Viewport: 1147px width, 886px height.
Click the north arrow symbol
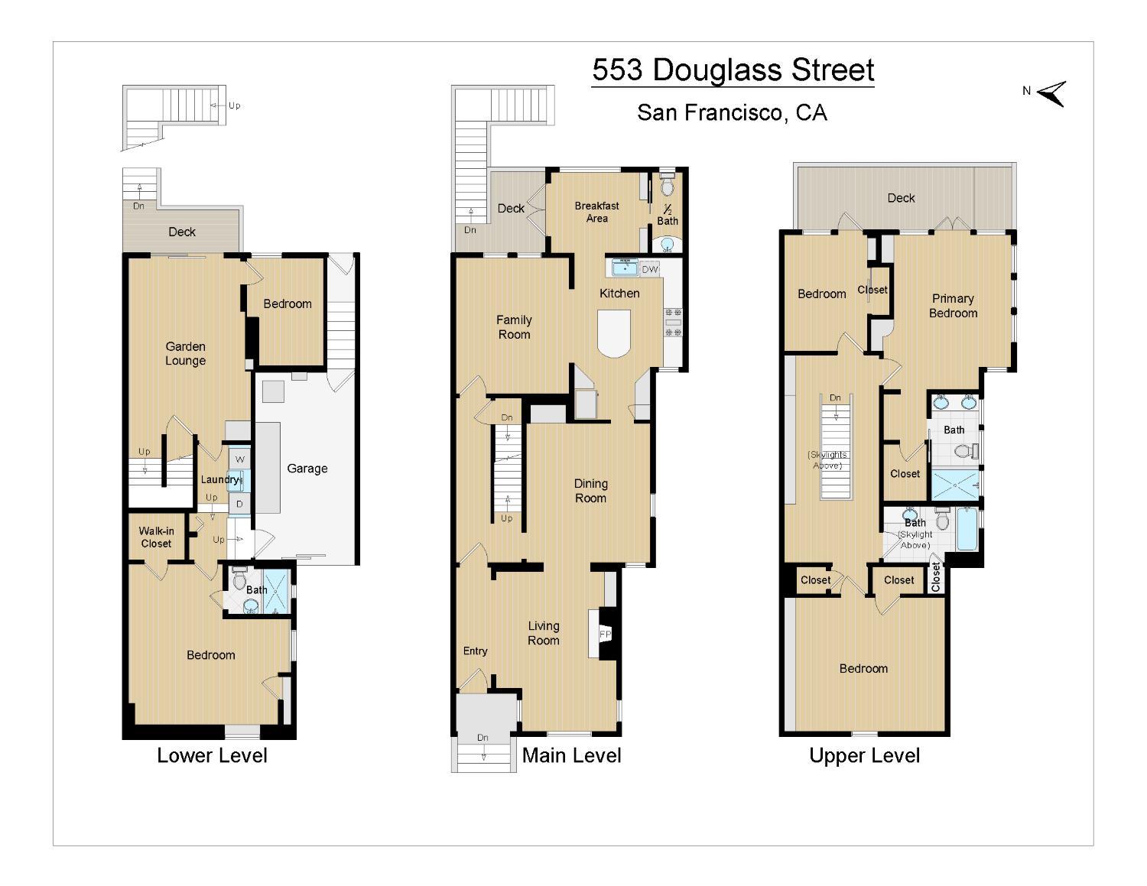(x=1051, y=94)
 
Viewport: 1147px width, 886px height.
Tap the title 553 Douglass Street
(x=733, y=70)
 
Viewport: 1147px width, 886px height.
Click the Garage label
(x=307, y=469)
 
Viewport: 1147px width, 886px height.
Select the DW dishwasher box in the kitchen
(x=650, y=269)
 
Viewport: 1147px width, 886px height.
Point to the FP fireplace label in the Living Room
(x=605, y=634)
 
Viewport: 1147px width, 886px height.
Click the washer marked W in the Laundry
(x=239, y=459)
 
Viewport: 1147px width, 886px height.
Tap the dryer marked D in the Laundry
(x=239, y=505)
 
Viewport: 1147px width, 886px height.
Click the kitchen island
(x=614, y=333)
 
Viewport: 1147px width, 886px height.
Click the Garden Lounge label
(x=185, y=353)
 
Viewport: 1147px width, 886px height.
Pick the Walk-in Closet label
(x=156, y=537)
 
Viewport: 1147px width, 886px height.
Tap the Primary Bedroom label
(x=954, y=306)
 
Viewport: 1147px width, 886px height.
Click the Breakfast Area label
(x=597, y=212)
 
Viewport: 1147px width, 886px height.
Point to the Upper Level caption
(x=865, y=755)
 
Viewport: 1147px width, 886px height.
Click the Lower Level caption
(x=212, y=755)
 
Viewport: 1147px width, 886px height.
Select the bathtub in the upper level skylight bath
(x=967, y=529)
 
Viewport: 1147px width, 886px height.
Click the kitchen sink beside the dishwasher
(x=625, y=268)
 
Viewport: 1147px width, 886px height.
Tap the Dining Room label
(x=590, y=491)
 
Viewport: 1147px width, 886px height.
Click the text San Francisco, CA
(x=732, y=112)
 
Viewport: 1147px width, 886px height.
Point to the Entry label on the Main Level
(x=475, y=651)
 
